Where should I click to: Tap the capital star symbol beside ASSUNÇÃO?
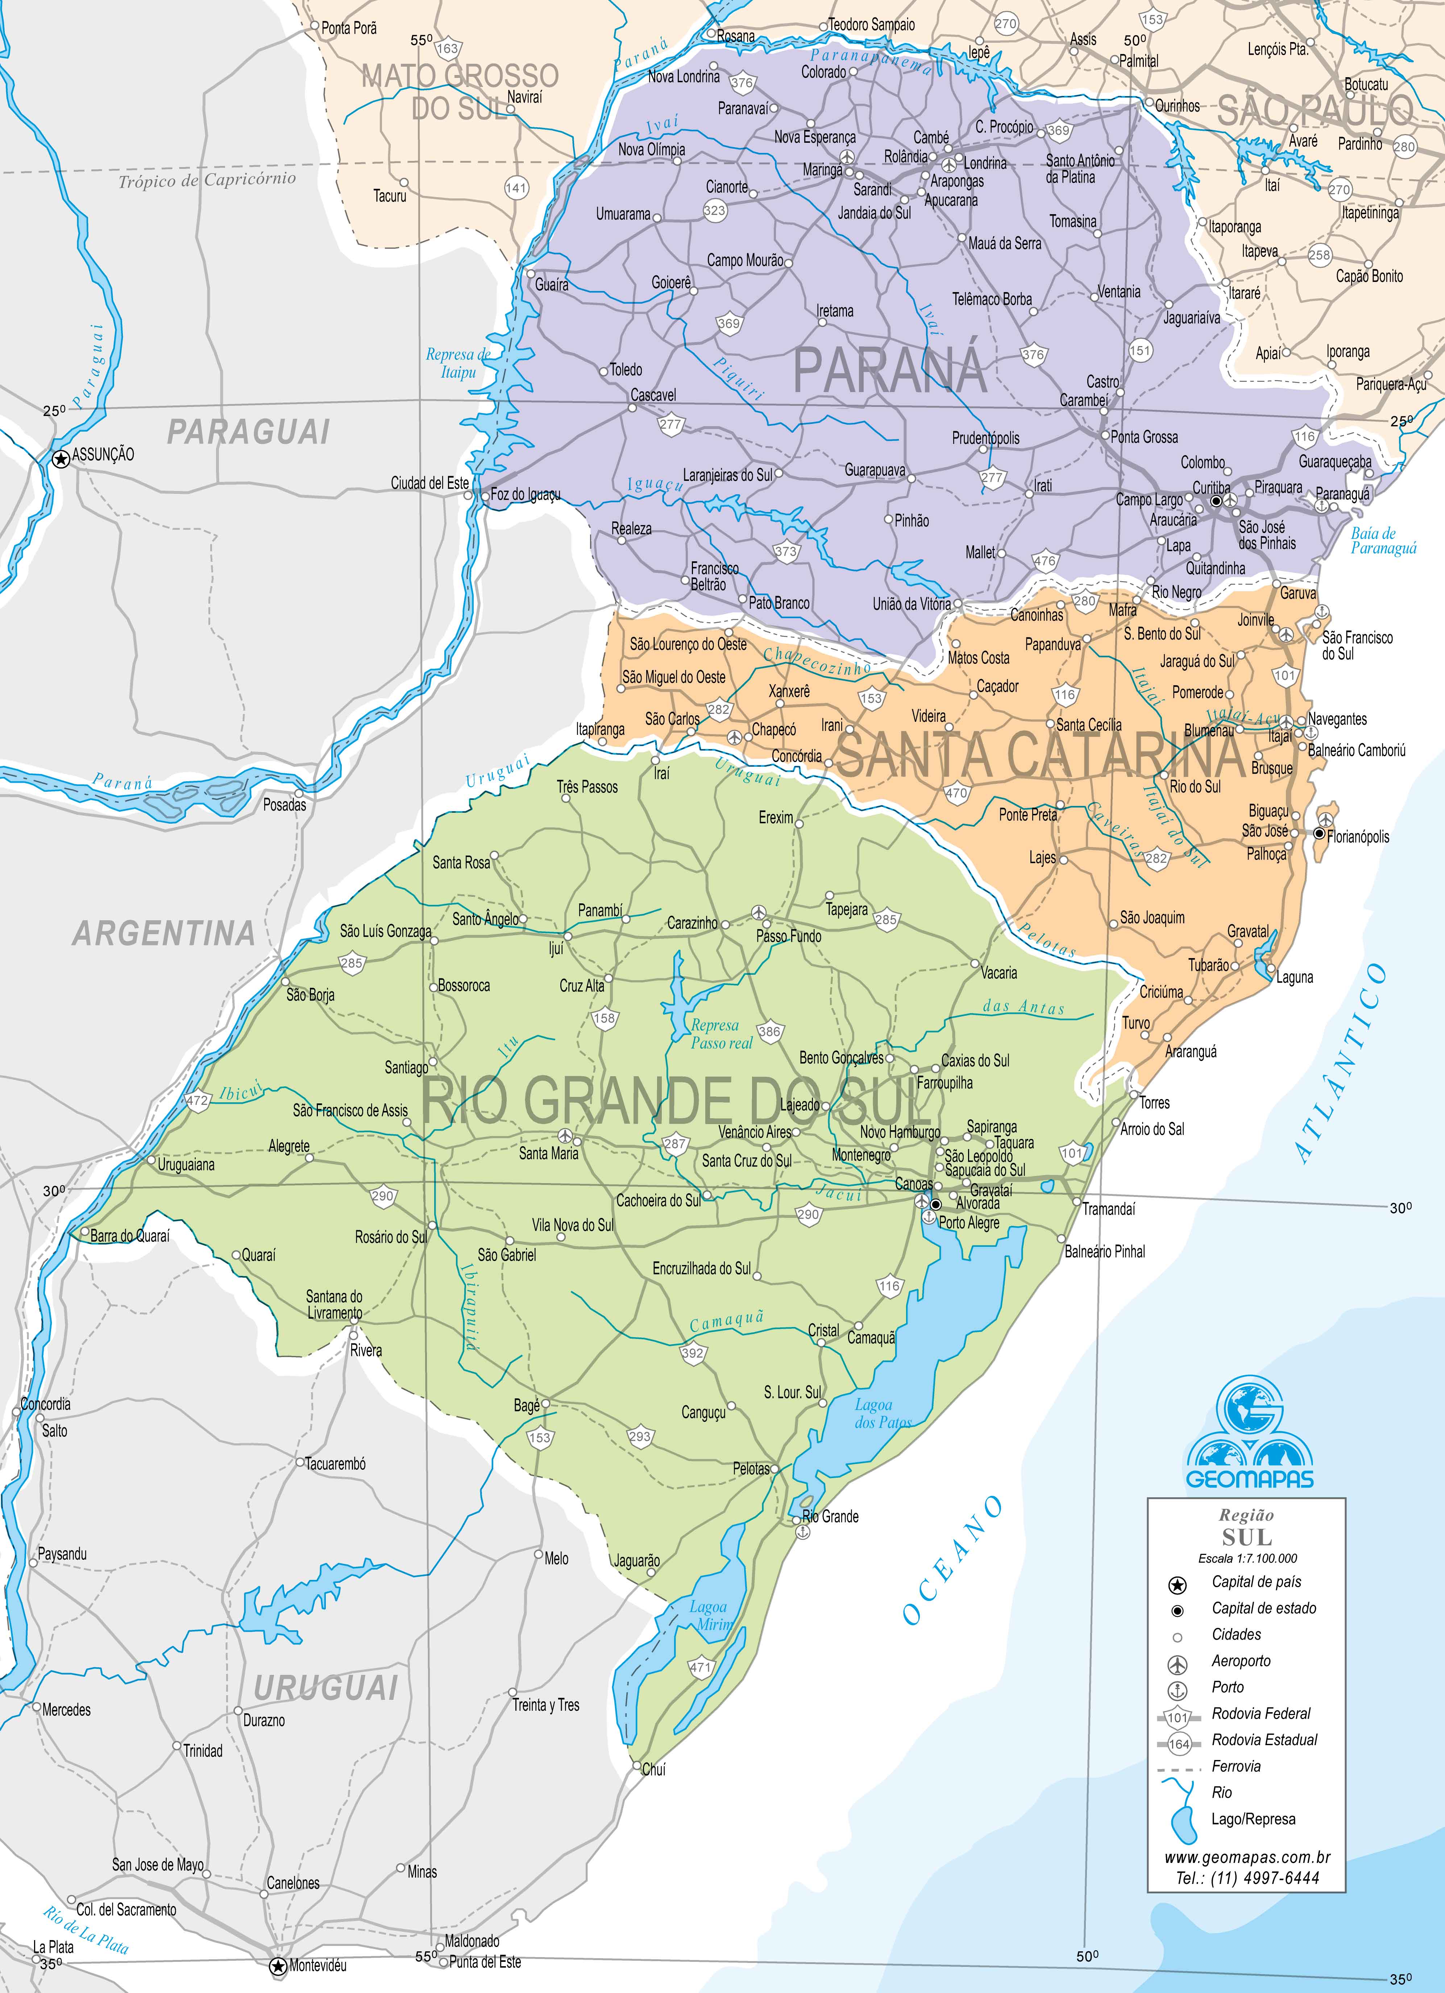point(61,459)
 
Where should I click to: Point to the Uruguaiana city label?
point(186,1165)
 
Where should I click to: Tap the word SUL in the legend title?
point(1246,1537)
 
